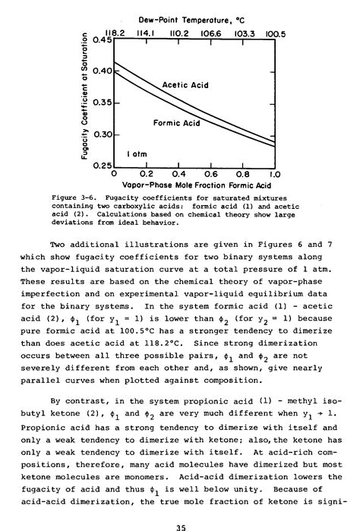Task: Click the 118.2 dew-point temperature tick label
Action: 115,33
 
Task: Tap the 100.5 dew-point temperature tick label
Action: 275,33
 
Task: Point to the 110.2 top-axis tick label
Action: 178,33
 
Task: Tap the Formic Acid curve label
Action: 175,122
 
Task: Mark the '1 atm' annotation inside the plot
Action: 137,153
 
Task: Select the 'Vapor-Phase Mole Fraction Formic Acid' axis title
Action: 194,185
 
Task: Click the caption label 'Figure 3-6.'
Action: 74,198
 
